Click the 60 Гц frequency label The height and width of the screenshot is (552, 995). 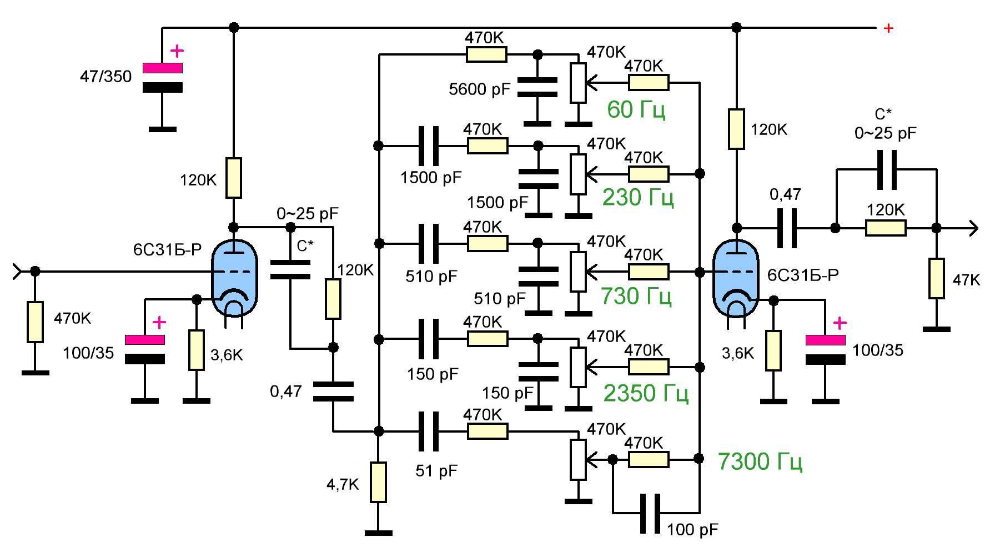coord(636,110)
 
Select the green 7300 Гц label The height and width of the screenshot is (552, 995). coord(760,461)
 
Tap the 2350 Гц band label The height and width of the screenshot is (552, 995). coord(646,393)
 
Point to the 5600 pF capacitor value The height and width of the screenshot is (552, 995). coord(479,89)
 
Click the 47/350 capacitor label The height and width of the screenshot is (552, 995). coord(106,76)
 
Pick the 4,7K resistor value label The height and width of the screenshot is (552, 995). coord(343,485)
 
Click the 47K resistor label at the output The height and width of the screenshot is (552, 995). coord(966,280)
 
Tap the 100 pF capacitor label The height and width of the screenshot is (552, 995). coord(692,529)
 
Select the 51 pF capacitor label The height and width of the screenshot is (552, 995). coord(436,471)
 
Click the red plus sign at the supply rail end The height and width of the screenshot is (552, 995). coord(888,28)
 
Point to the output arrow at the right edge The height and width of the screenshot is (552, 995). coord(973,228)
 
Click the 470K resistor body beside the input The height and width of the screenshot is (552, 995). coord(35,322)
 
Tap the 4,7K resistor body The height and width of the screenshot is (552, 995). coord(378,483)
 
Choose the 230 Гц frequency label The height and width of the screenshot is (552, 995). coord(638,197)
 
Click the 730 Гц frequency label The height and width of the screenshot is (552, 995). coord(636,296)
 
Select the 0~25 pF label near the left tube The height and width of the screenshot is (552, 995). coord(308,213)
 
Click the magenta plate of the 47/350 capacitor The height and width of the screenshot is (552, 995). coord(163,68)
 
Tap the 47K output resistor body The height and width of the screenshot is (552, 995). coord(937,278)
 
